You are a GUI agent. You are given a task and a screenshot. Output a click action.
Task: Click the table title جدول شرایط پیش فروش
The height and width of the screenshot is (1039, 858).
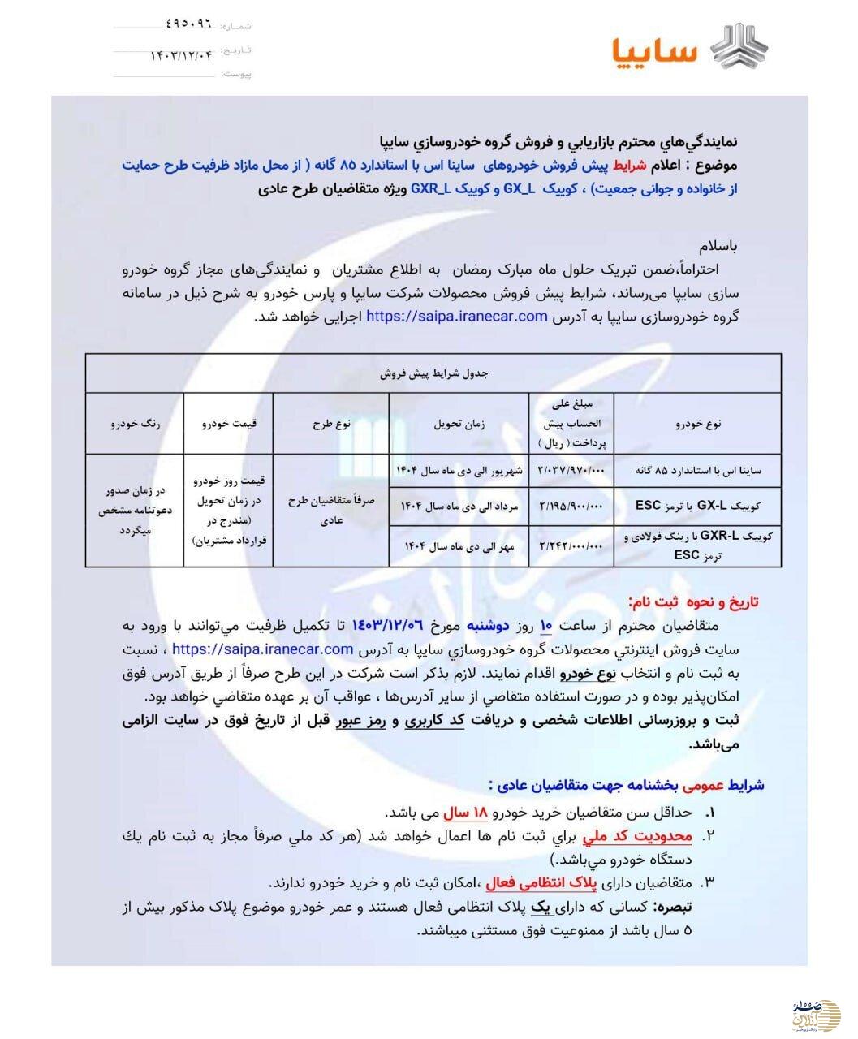tap(433, 373)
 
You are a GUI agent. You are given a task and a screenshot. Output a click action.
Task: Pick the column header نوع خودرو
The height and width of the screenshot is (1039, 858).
tap(697, 423)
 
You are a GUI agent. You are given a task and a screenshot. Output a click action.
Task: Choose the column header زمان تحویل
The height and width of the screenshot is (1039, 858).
tap(459, 423)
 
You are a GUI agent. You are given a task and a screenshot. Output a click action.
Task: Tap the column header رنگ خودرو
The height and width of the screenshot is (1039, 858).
tap(135, 423)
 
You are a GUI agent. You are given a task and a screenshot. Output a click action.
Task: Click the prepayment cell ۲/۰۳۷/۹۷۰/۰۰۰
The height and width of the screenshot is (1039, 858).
tap(571, 471)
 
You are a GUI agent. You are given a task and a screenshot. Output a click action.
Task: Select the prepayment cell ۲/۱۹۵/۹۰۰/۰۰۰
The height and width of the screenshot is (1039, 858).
tap(571, 506)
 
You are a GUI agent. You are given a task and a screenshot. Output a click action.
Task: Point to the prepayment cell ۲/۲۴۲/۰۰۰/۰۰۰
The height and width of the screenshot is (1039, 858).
tap(571, 545)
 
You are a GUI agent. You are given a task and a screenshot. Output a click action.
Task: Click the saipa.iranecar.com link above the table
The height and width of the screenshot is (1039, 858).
tap(457, 316)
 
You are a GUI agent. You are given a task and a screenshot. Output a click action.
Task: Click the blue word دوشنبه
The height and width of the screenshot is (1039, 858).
tap(507, 625)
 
